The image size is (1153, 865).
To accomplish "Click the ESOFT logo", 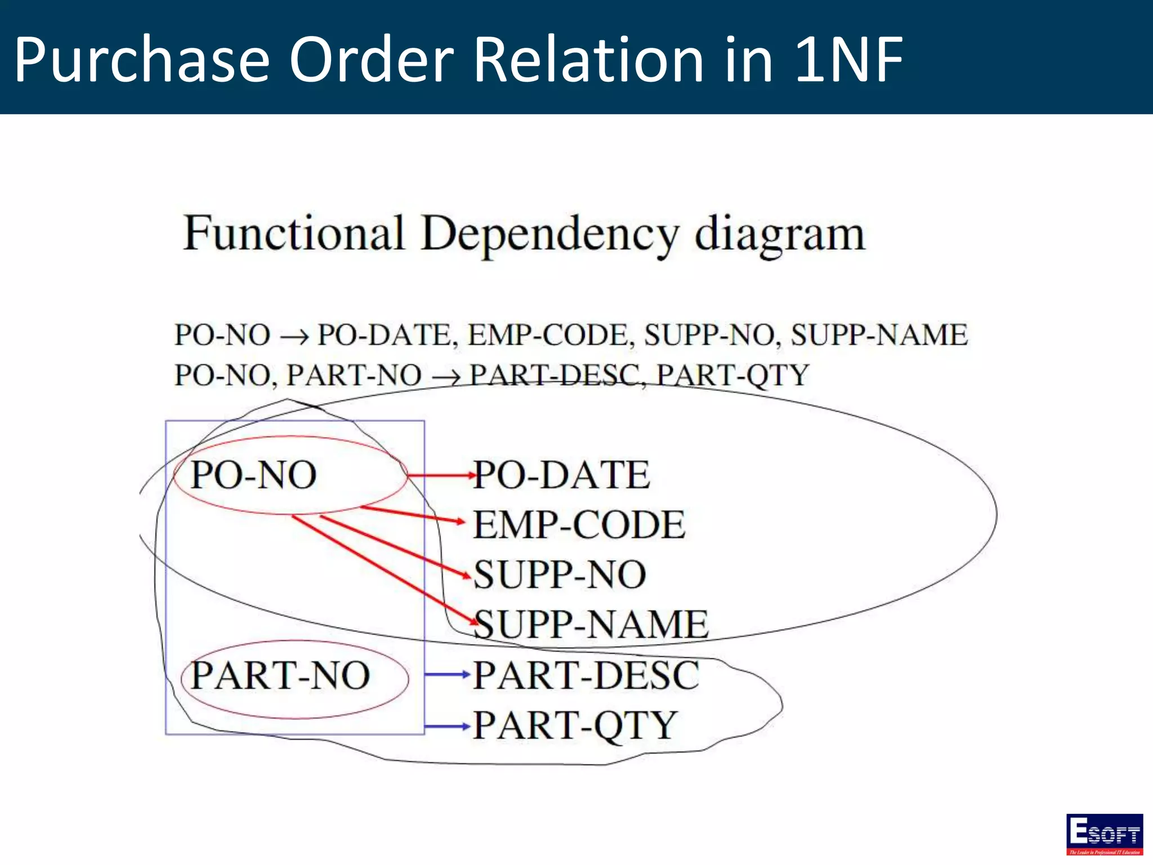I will (1104, 834).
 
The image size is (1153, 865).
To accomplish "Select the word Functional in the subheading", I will (294, 233).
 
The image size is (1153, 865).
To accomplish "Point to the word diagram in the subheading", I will (780, 234).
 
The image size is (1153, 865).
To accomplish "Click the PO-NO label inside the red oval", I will (254, 475).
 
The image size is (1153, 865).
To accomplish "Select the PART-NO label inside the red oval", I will (280, 675).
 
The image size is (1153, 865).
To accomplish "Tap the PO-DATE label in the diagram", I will (562, 475).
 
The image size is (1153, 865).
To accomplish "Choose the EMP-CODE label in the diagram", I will (579, 525).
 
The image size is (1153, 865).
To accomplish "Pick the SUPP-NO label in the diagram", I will (560, 575).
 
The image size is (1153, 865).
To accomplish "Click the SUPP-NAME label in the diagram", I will (591, 625).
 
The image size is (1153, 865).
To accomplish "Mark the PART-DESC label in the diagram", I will (586, 675).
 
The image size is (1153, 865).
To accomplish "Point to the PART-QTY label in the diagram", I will (575, 725).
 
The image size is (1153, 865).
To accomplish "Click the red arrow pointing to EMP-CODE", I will (414, 515).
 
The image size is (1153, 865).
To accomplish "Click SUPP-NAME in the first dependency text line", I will (879, 335).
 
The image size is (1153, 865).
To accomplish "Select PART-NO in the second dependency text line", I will (354, 375).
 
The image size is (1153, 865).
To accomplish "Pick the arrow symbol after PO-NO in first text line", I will (294, 337).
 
